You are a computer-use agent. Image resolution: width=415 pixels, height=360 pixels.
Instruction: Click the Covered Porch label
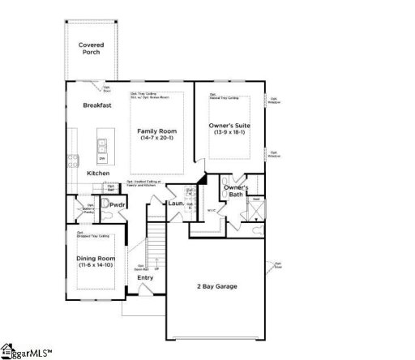[x=90, y=49]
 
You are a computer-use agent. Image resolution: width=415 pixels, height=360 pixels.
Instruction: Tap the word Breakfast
[x=96, y=105]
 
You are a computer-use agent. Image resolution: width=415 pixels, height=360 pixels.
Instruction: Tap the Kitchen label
[x=99, y=174]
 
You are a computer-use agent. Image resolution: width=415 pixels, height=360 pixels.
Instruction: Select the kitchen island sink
[x=103, y=147]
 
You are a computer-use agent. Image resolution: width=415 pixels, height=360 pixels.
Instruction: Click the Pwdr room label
[x=117, y=206]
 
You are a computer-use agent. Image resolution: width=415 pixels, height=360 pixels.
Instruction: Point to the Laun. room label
[x=176, y=204]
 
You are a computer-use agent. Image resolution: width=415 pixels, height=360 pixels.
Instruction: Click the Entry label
[x=145, y=278]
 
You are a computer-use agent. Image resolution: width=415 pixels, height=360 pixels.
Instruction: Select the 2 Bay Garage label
[x=217, y=287]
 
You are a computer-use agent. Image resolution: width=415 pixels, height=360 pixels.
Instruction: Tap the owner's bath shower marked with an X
[x=255, y=210]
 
